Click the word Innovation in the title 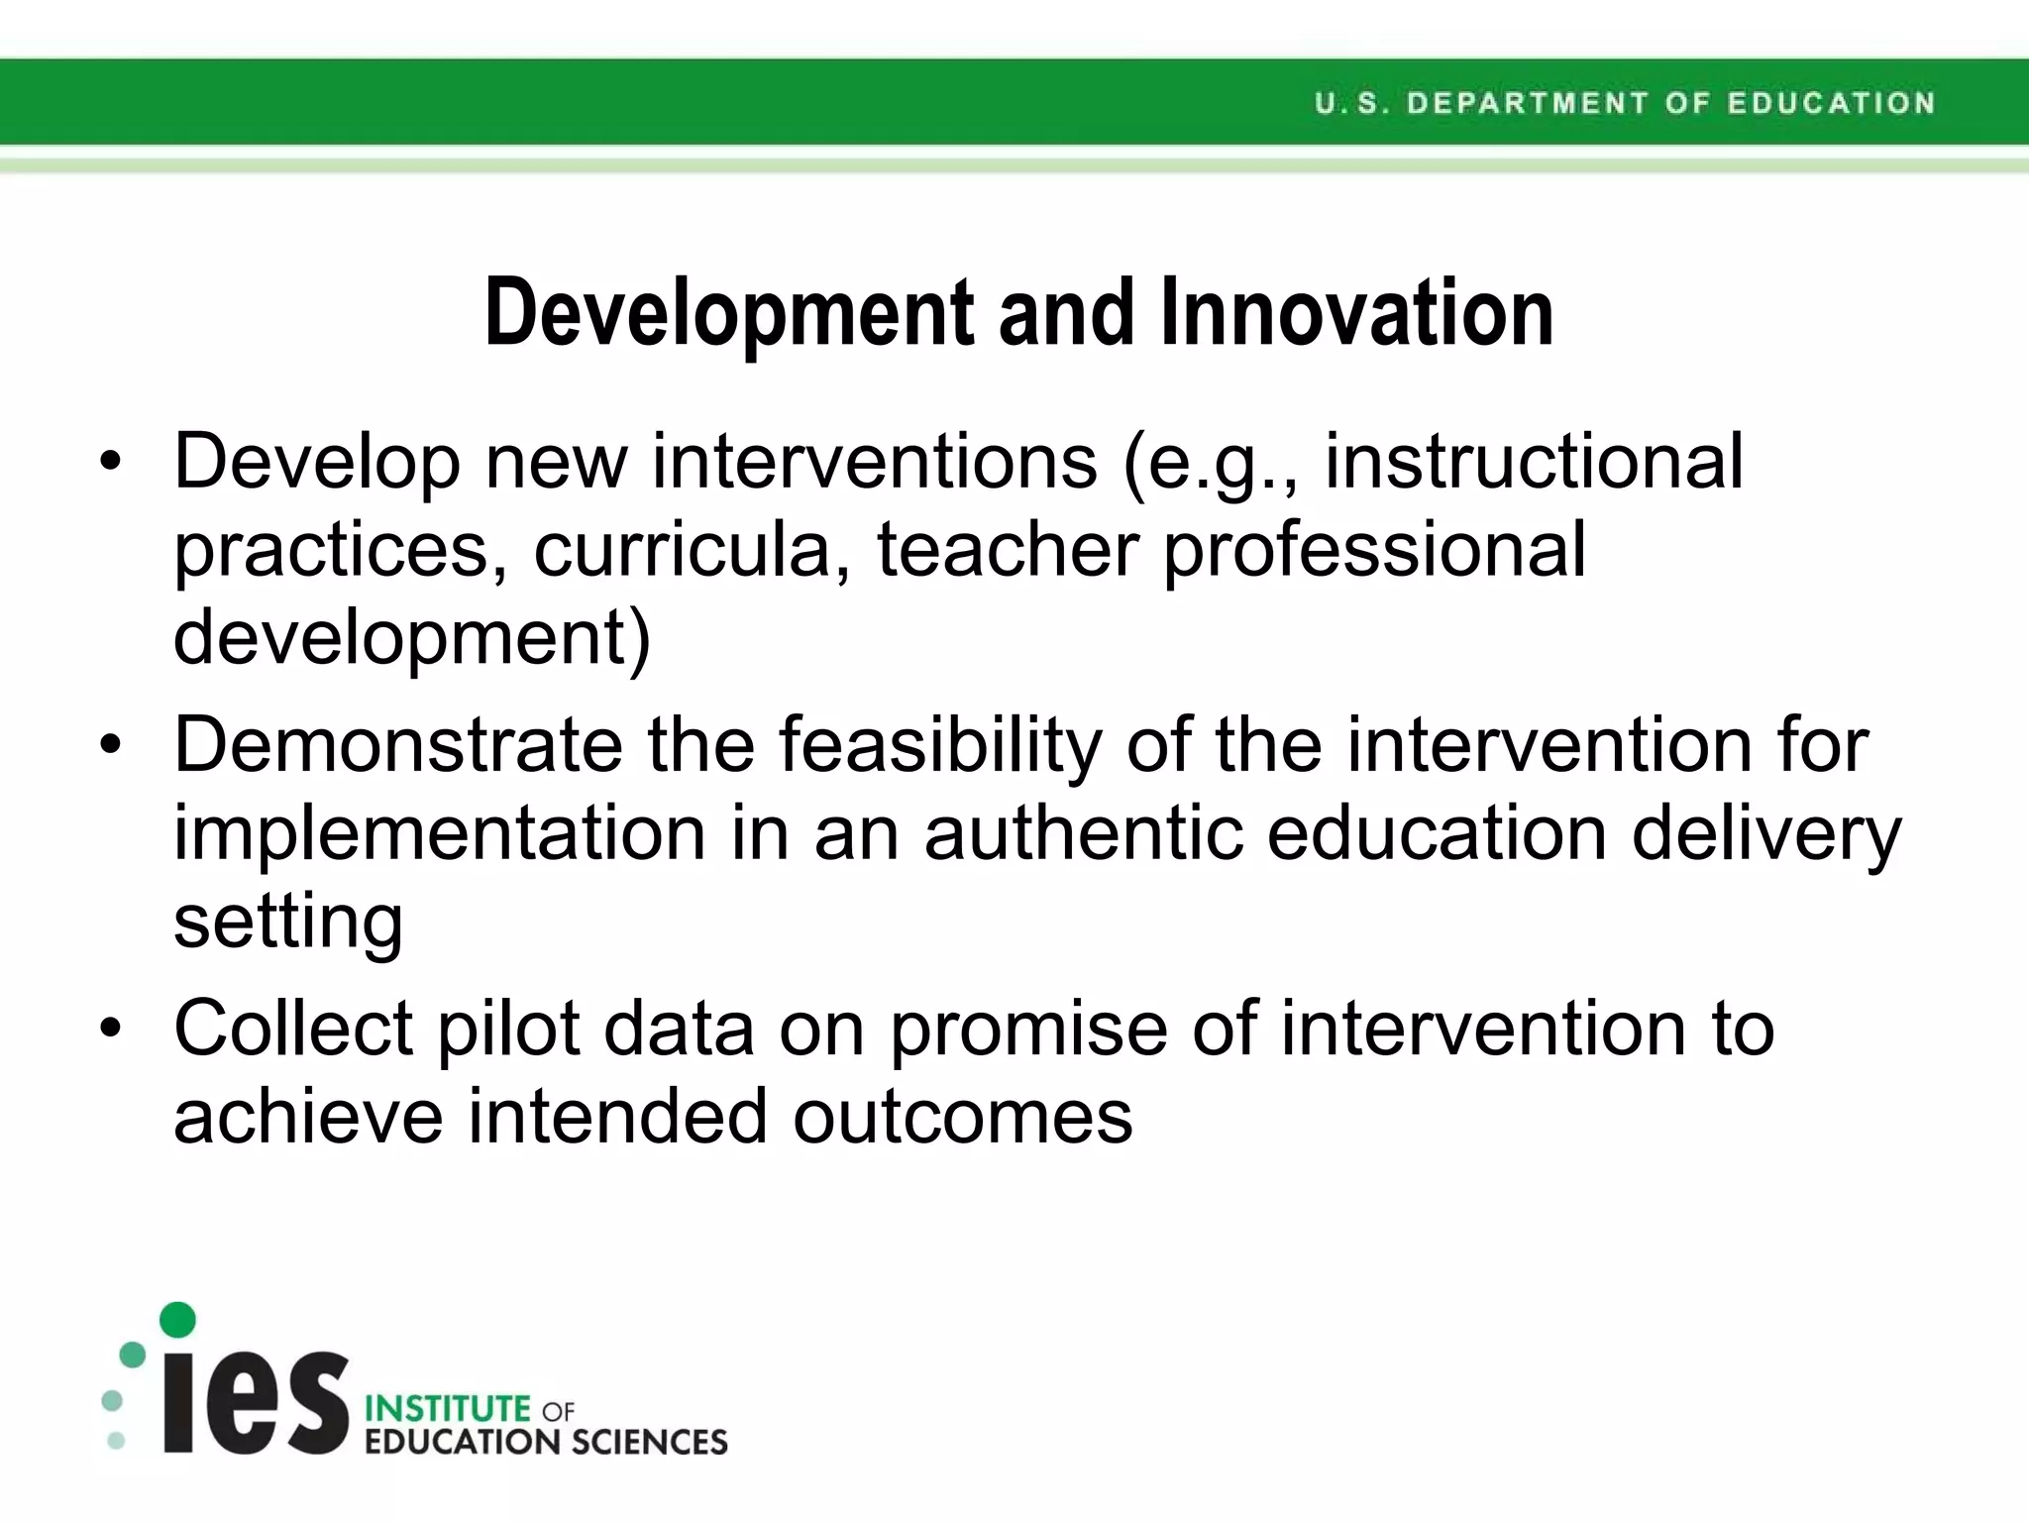1356,313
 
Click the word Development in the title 729,313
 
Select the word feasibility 939,745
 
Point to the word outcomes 962,1117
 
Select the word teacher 1008,550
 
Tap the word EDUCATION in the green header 1831,103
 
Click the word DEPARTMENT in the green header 1527,103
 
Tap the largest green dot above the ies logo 177,1320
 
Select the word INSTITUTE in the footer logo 448,1408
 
